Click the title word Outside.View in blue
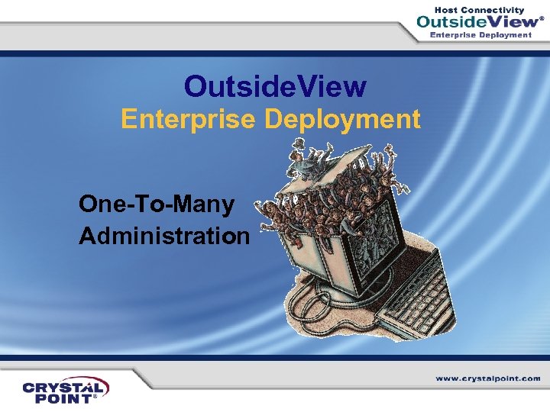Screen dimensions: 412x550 coord(275,87)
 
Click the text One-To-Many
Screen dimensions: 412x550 coord(157,204)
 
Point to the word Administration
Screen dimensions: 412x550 coord(164,236)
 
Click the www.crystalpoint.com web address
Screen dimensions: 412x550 coord(488,378)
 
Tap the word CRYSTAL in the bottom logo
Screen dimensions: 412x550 coord(66,387)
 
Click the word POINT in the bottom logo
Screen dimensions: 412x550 coord(58,398)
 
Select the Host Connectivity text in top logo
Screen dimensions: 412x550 coord(479,10)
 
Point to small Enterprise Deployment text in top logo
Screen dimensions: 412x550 coord(481,35)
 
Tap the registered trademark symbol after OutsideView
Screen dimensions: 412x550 coord(542,18)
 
